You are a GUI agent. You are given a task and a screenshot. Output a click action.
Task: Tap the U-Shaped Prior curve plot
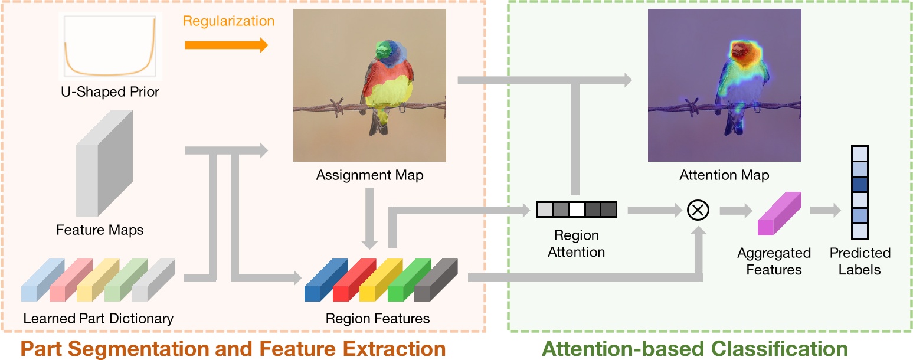(110, 47)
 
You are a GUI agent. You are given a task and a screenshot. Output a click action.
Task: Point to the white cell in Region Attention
(577, 210)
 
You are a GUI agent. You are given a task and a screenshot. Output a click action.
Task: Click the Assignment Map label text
(369, 175)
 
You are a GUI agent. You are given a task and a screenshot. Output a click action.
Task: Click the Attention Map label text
(724, 175)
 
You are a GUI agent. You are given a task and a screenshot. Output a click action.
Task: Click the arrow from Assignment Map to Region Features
(370, 218)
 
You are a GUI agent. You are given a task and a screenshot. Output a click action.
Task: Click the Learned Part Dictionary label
(99, 319)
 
